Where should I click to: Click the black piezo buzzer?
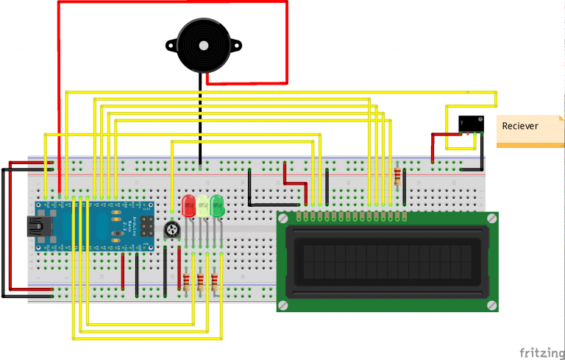pyautogui.click(x=201, y=45)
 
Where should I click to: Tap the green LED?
pyautogui.click(x=217, y=205)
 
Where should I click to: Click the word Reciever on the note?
pyautogui.click(x=520, y=126)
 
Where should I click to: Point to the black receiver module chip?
pyautogui.click(x=470, y=124)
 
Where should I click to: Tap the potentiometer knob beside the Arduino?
pyautogui.click(x=171, y=230)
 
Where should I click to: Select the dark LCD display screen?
pyautogui.click(x=387, y=261)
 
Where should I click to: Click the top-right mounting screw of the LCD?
pyautogui.click(x=490, y=219)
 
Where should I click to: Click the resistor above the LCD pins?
pyautogui.click(x=398, y=177)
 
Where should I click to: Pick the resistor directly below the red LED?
pyautogui.click(x=185, y=281)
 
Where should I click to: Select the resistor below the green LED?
pyautogui.click(x=215, y=281)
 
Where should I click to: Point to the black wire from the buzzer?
pyautogui.click(x=200, y=118)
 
